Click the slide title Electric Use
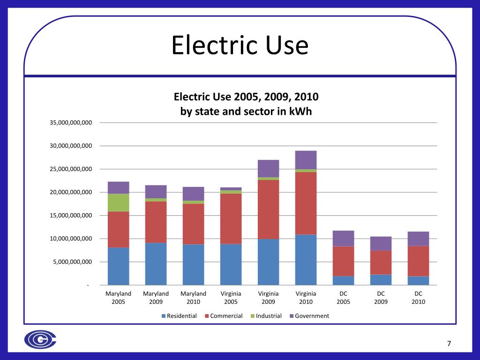240,46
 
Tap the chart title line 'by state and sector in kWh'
246,112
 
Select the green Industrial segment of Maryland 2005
118,202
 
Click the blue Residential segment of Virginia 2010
306,260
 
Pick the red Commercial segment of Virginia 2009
268,209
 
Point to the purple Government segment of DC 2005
343,238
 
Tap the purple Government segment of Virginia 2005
231,189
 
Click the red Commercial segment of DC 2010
418,261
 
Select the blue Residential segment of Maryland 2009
156,264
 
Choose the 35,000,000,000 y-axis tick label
71,123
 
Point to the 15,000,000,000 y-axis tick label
71,216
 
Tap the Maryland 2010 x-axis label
193,298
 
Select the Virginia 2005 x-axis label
231,298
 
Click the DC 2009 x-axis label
381,298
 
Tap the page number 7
449,344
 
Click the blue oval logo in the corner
40,340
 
